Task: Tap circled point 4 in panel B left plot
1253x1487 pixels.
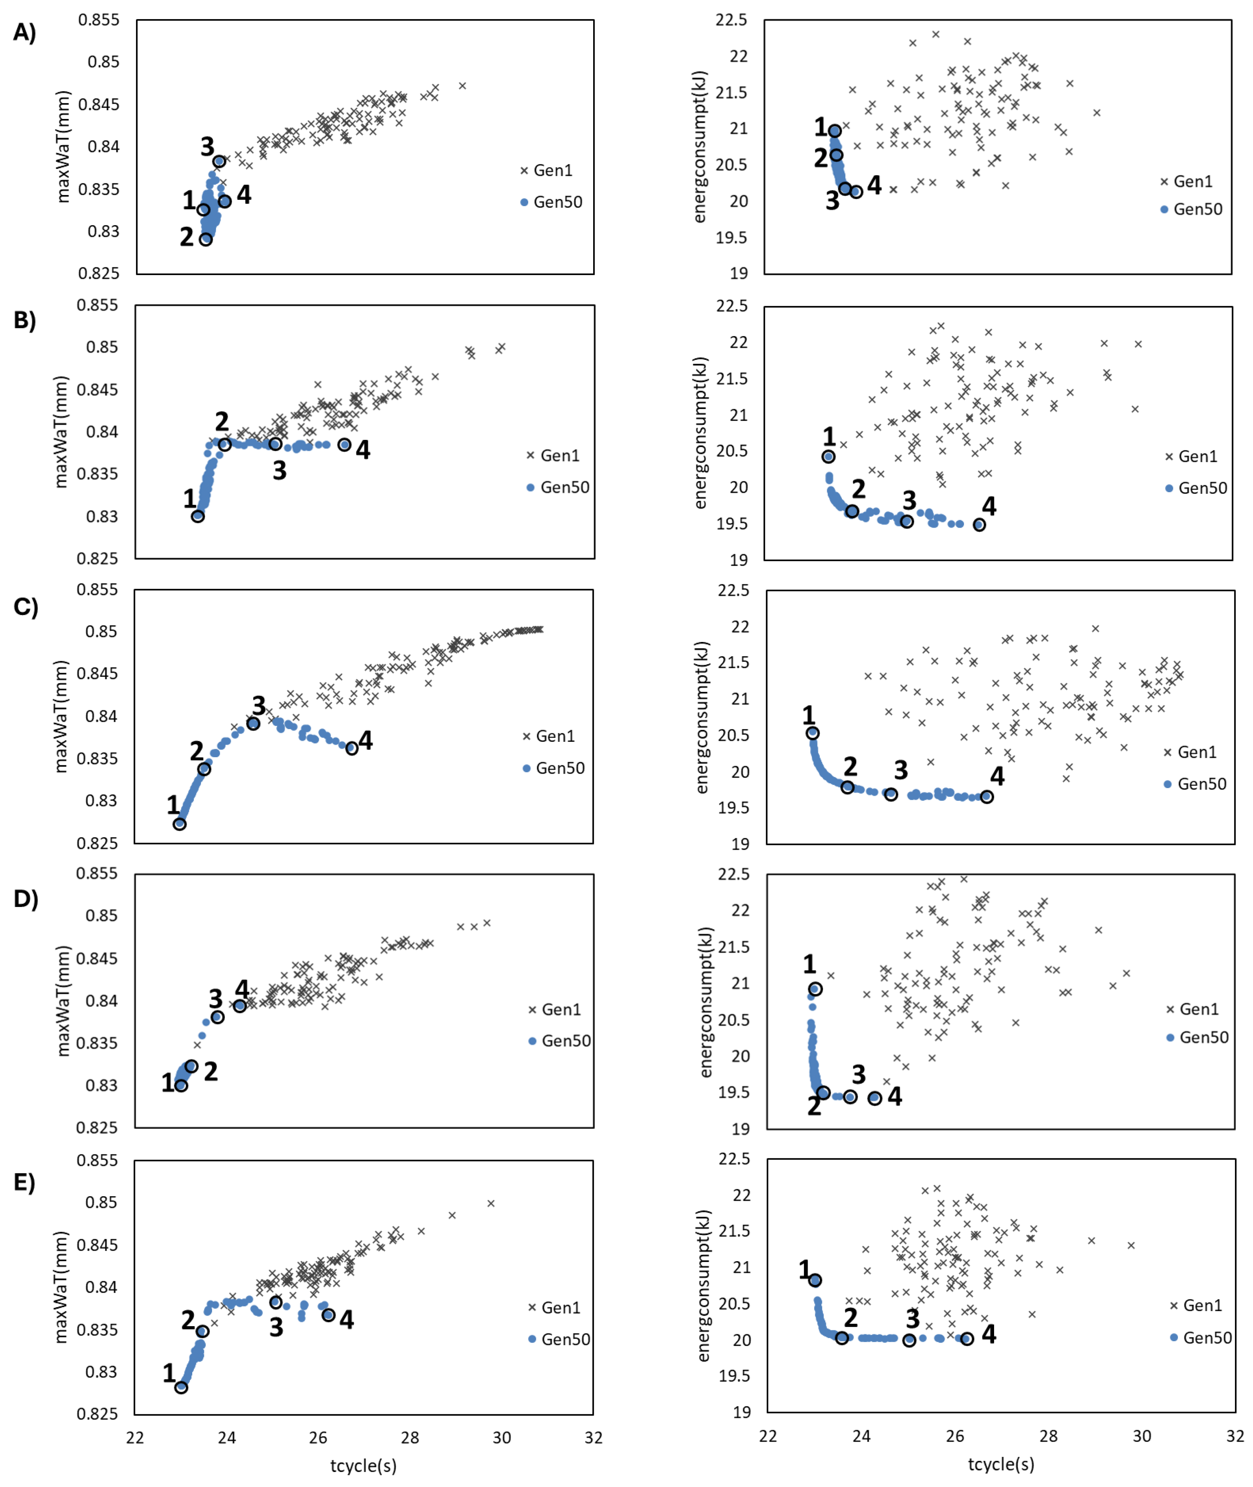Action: point(345,445)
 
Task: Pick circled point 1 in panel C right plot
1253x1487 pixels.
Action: point(813,733)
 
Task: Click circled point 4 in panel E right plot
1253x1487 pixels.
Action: point(967,1339)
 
